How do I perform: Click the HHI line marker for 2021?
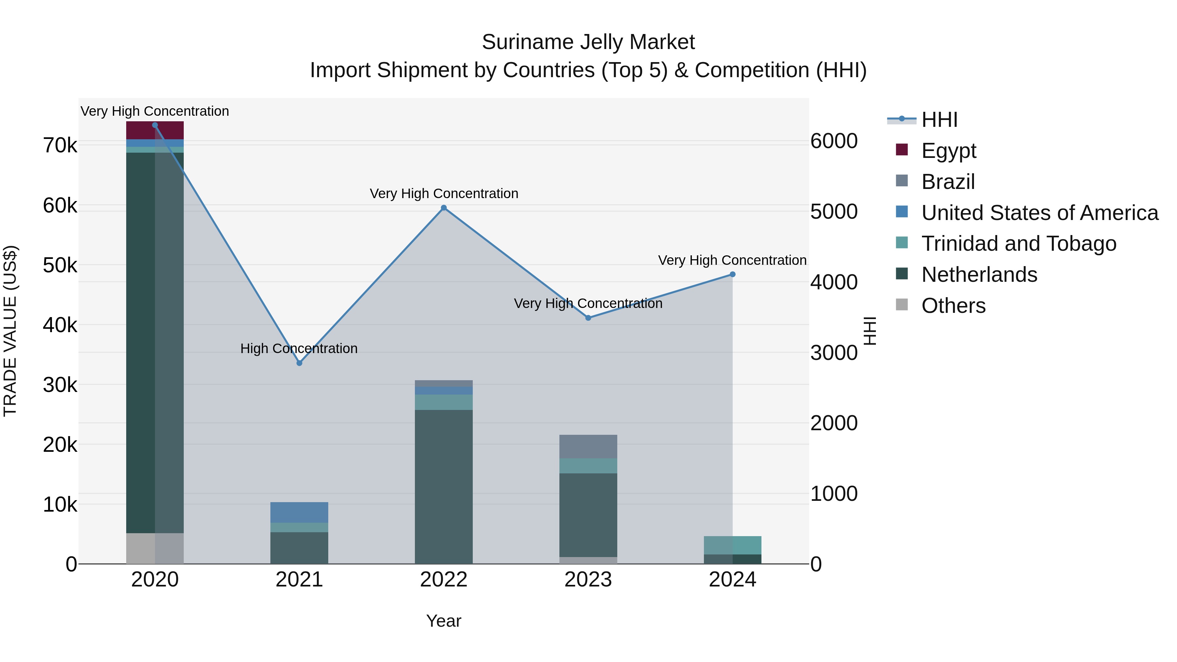[x=299, y=363]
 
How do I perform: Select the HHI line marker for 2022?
[x=444, y=208]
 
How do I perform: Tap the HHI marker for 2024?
[x=732, y=275]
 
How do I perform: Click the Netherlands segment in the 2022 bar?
[x=444, y=486]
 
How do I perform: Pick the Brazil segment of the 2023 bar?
[x=588, y=446]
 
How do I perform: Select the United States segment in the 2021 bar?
[x=299, y=512]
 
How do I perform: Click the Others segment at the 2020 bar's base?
[x=155, y=548]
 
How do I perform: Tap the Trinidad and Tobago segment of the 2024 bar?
[x=732, y=545]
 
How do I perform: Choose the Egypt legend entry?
[x=948, y=151]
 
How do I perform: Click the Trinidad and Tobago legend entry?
[x=1018, y=244]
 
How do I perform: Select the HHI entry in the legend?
[x=939, y=120]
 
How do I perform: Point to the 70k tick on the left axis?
[x=60, y=146]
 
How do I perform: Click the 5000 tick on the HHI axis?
[x=834, y=212]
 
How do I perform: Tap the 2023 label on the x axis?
[x=588, y=580]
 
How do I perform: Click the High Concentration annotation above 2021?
[x=299, y=348]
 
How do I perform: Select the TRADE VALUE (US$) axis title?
[x=10, y=331]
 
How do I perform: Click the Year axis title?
[x=444, y=621]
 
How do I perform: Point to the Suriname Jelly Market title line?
[x=588, y=42]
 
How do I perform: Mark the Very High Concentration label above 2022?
[x=444, y=194]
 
